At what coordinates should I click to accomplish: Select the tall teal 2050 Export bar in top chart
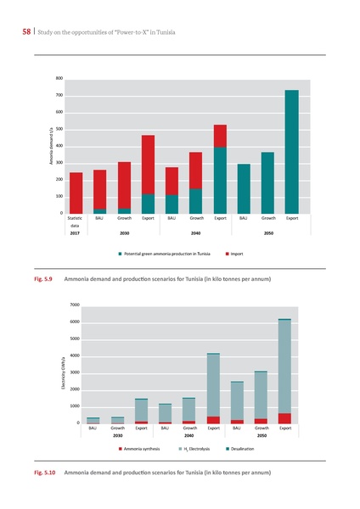(291, 151)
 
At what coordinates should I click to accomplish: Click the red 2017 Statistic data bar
(76, 193)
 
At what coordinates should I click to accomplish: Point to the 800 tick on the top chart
(58, 79)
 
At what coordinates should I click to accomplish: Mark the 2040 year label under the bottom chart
(189, 436)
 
